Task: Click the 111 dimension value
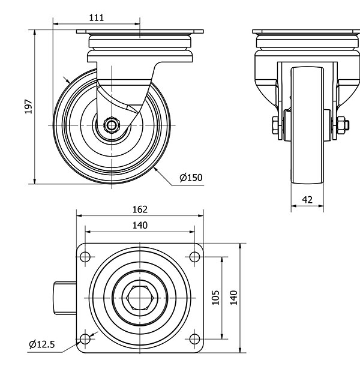coord(96,17)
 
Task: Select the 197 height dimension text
coord(27,106)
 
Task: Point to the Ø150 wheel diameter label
coord(191,177)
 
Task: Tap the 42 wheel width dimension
coord(307,200)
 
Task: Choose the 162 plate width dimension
coord(140,209)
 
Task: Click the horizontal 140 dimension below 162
coord(140,225)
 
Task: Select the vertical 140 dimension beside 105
coord(234,298)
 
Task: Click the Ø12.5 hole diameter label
coord(42,344)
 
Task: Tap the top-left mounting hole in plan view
coord(85,257)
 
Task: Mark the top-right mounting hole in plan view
coord(194,257)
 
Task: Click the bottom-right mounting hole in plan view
coord(194,339)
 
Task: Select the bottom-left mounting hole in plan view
coord(85,339)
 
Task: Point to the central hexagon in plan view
coord(140,298)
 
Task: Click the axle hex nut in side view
coord(112,125)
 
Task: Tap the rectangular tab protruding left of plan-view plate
coord(64,298)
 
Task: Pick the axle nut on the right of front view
coord(342,125)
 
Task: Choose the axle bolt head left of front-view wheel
coord(274,125)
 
